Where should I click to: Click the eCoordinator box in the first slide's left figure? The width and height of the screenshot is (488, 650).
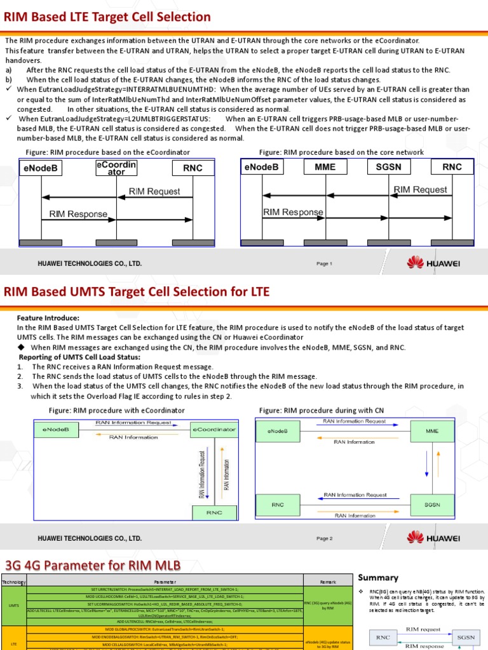[116, 168]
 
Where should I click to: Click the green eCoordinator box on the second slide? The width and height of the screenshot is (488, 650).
[214, 430]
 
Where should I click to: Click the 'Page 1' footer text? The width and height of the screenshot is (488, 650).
[324, 263]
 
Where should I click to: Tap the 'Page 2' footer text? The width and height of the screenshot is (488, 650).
[324, 538]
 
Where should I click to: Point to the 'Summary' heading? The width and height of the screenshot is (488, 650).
[378, 577]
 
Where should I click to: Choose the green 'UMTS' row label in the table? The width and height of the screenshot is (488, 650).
[13, 605]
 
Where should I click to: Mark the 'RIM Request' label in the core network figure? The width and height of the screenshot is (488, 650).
[420, 189]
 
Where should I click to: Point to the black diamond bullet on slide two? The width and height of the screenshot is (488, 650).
[22, 348]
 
